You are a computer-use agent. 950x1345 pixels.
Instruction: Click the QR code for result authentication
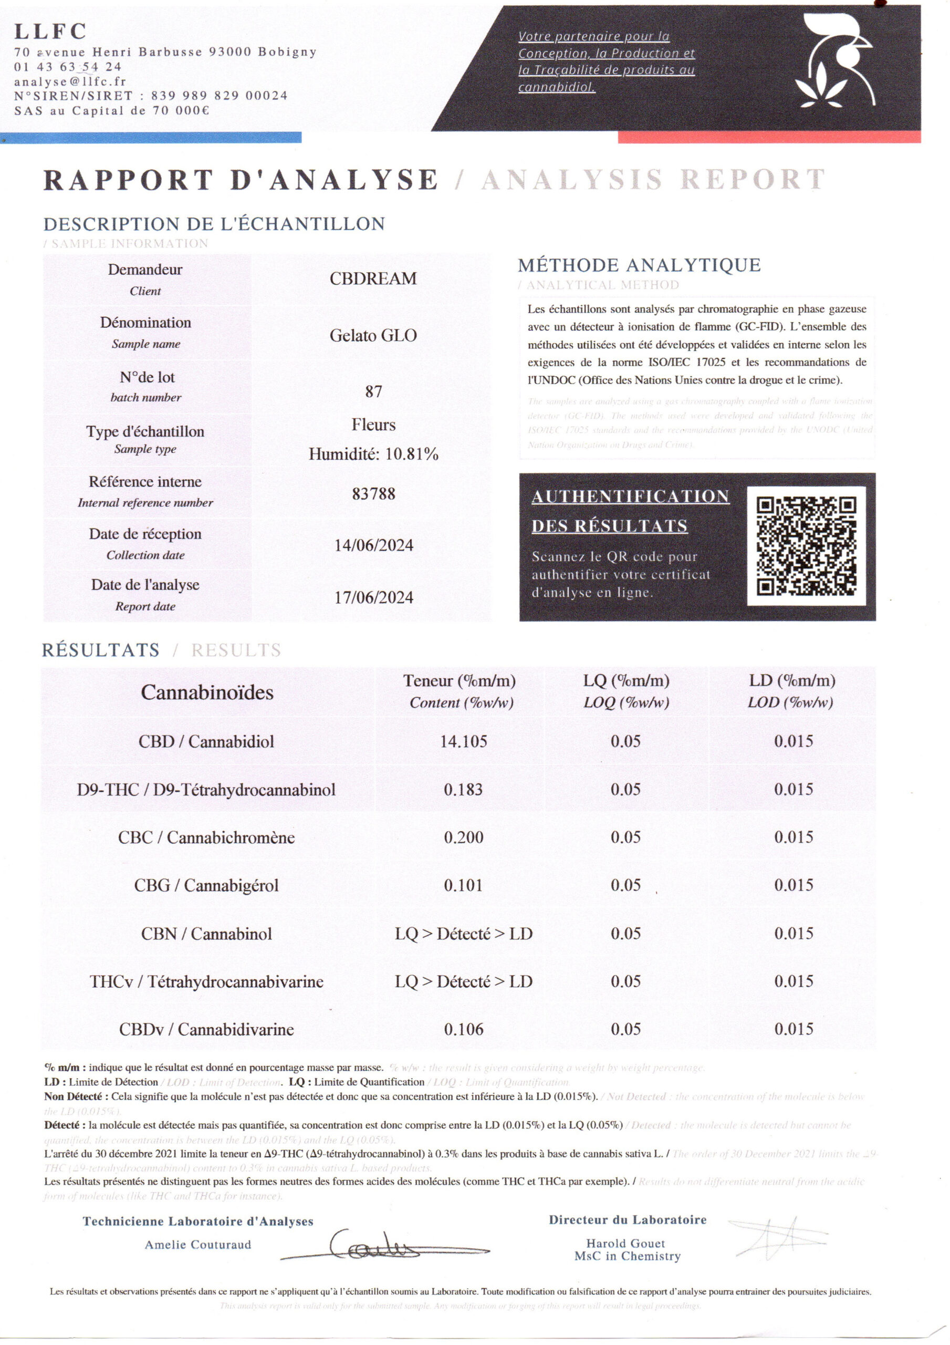(x=806, y=546)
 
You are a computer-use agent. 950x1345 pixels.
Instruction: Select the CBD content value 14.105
(x=463, y=742)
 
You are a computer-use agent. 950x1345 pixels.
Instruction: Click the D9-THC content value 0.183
(x=463, y=790)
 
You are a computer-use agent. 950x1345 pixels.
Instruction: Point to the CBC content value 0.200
(x=463, y=837)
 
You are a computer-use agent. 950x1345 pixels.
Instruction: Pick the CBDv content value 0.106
(x=463, y=1029)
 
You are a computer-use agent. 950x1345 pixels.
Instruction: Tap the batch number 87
(x=374, y=392)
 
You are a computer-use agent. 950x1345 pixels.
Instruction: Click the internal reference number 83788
(x=374, y=494)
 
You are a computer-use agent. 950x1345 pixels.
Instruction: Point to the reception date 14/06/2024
(x=374, y=545)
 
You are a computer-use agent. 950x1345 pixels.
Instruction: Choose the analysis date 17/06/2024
(x=374, y=597)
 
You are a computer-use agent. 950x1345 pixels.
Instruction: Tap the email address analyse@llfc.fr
(x=70, y=82)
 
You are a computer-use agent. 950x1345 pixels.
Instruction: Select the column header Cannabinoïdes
(x=207, y=693)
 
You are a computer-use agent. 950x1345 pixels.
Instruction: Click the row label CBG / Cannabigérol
(x=206, y=886)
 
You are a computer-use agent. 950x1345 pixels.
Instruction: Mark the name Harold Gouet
(x=625, y=1243)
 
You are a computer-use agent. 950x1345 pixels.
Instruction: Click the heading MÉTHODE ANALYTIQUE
(x=639, y=265)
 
